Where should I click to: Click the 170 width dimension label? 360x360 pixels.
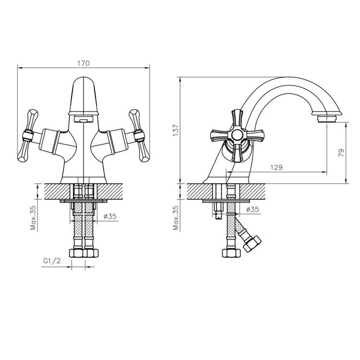click(84, 63)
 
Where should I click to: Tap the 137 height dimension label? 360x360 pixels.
click(176, 131)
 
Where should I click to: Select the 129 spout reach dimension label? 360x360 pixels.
click(276, 168)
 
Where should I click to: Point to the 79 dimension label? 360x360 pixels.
click(341, 153)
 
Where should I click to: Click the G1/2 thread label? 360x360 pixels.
click(52, 261)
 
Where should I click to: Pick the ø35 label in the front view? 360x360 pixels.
click(110, 216)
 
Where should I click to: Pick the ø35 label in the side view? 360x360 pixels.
click(252, 209)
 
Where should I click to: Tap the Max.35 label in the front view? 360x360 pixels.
click(33, 217)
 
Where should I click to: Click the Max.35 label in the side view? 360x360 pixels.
click(176, 217)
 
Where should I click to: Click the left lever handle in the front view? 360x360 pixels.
click(27, 135)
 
